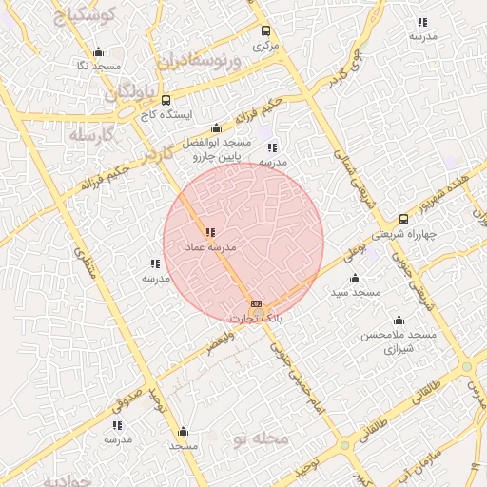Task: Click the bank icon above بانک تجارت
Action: tap(255, 304)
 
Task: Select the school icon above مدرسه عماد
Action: tap(209, 232)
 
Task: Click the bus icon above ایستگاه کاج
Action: tap(166, 100)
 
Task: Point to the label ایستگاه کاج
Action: tap(166, 114)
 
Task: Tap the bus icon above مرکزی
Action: tap(265, 30)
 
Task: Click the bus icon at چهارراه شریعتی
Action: tap(404, 219)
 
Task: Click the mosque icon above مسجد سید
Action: tap(355, 278)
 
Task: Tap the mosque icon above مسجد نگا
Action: tap(98, 52)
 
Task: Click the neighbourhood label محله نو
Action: tap(259, 438)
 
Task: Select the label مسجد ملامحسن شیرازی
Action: tap(398, 342)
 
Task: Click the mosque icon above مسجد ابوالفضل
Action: tap(216, 128)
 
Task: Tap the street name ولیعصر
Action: tap(220, 341)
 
